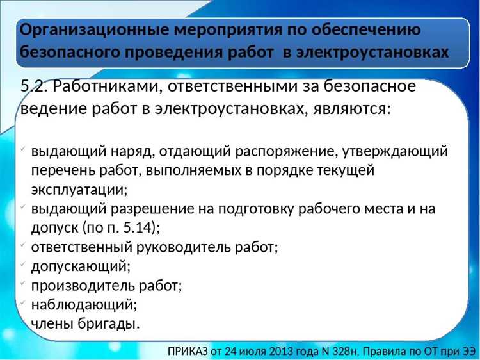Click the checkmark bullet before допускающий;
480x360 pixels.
pyautogui.click(x=23, y=265)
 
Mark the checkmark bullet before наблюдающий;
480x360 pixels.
pyautogui.click(x=23, y=303)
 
